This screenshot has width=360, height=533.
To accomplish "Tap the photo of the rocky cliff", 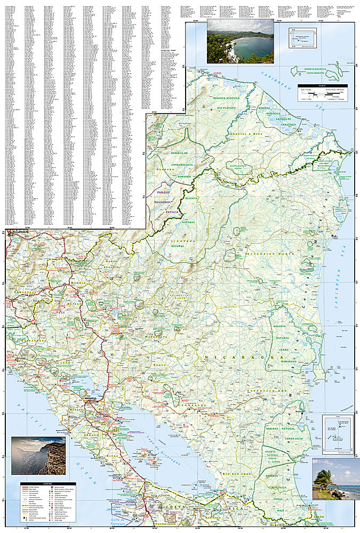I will [38, 455].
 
